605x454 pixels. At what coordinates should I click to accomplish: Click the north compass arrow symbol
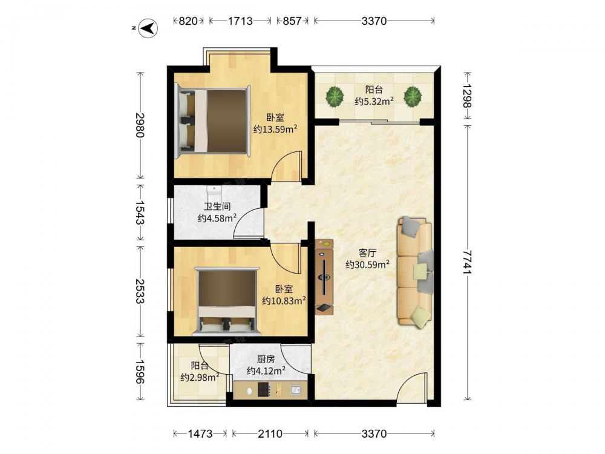coord(148,28)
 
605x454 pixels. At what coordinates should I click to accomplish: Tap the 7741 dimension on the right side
coord(467,262)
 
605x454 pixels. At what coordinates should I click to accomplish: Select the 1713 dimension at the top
coord(240,21)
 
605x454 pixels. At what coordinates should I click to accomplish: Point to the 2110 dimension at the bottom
coord(270,434)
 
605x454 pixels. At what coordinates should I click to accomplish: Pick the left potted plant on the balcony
coord(335,96)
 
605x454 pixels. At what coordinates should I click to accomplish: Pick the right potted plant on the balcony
coord(413,96)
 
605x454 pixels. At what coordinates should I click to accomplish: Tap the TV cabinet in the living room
coord(324,277)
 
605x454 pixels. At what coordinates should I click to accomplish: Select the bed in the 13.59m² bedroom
coord(213,121)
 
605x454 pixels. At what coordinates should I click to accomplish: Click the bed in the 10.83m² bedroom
coord(227,300)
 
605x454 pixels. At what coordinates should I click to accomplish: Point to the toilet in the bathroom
coord(214,191)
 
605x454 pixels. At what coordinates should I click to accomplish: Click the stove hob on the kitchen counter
coord(264,389)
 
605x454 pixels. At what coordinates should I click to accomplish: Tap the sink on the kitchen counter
coord(296,390)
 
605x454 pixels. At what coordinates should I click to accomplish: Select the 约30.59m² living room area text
coord(367,265)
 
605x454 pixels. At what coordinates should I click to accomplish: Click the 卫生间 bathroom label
coord(217,206)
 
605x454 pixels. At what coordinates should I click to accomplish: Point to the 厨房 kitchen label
coord(266,360)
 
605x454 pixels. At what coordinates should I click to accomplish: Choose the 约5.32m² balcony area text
coord(374,101)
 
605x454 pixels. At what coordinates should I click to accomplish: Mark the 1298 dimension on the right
coord(467,96)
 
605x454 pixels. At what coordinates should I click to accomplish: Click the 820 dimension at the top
coord(188,21)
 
